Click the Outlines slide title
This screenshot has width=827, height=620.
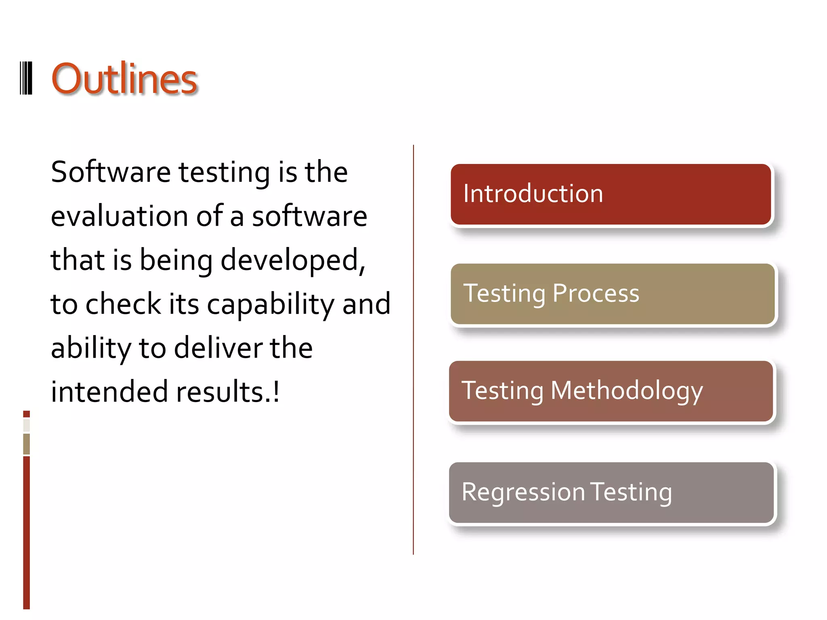pyautogui.click(x=124, y=79)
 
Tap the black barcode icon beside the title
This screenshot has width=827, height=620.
pyautogui.click(x=26, y=78)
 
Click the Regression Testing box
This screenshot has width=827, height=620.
pyautogui.click(x=611, y=492)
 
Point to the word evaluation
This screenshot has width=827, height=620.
pyautogui.click(x=119, y=216)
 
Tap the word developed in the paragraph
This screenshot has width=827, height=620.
pyautogui.click(x=290, y=260)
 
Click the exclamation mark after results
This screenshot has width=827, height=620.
pyautogui.click(x=276, y=392)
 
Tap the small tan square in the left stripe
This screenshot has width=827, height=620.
pyautogui.click(x=26, y=444)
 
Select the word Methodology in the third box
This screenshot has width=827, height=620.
pyautogui.click(x=626, y=391)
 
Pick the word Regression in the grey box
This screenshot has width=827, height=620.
pyautogui.click(x=523, y=492)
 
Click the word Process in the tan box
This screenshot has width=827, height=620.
pyautogui.click(x=596, y=293)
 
